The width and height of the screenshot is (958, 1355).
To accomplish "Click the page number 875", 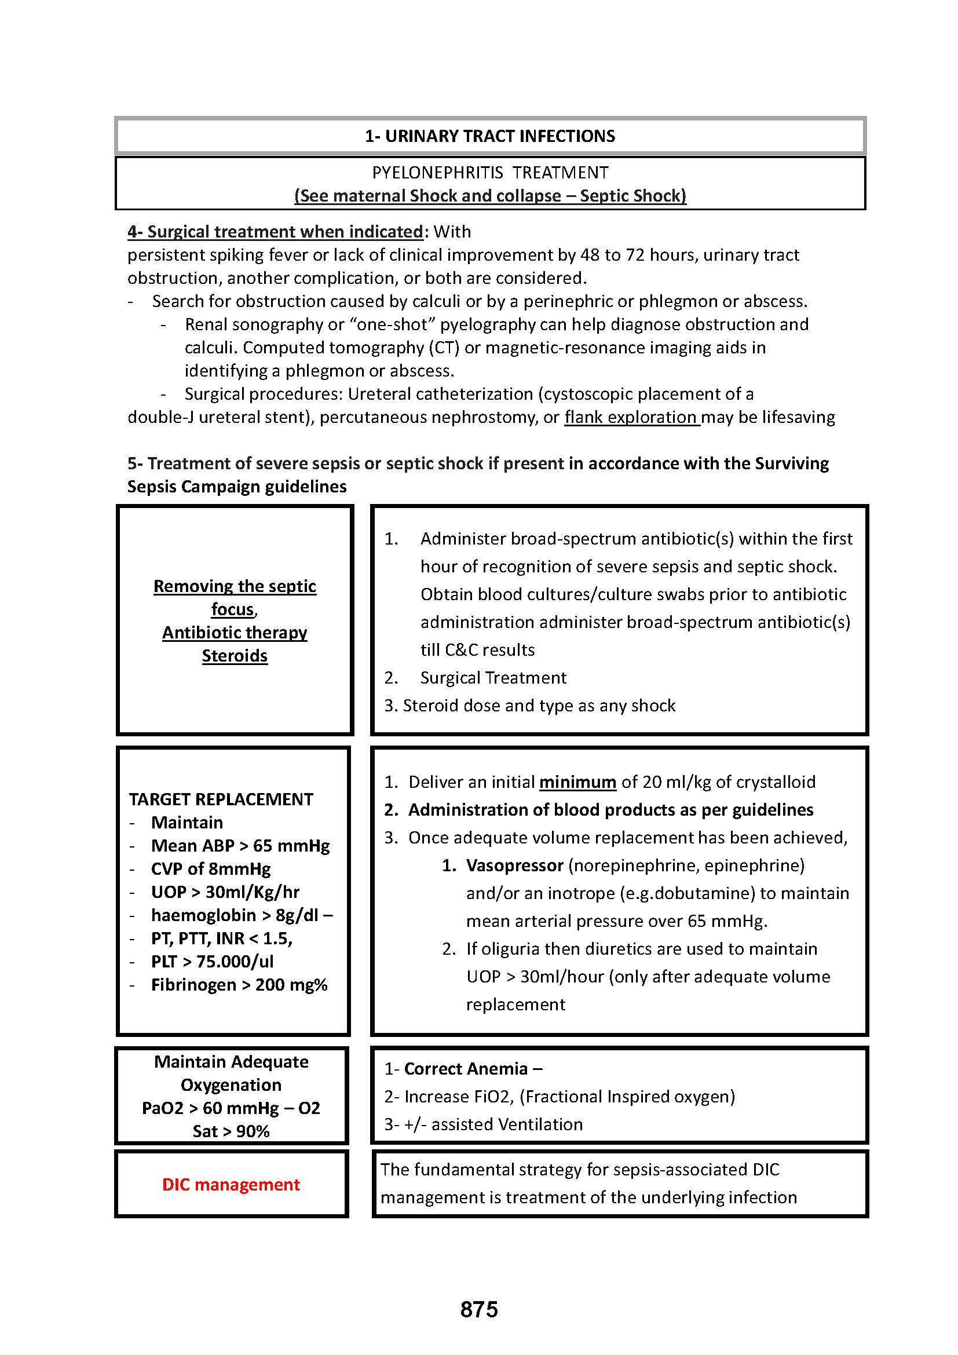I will [479, 1310].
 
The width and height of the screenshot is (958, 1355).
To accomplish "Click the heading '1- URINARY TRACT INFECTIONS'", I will [489, 136].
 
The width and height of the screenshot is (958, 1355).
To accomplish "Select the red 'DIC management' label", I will [231, 1185].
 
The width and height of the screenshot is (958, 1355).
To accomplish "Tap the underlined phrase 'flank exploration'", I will [631, 417].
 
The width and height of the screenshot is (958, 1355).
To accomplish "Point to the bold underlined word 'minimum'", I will [577, 782].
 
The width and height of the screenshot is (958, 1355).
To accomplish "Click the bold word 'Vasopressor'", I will [514, 865].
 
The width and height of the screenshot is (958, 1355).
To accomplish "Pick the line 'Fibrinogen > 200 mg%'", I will [239, 984].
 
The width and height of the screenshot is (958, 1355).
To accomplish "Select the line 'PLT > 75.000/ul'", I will [213, 962].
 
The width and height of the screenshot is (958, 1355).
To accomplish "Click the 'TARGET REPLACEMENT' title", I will [221, 799].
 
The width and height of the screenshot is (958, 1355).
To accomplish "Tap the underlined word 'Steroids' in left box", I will [235, 656].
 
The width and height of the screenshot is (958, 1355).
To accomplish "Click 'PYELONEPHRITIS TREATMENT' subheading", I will [489, 173].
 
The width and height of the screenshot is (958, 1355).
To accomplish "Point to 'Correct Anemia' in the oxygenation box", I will [466, 1069].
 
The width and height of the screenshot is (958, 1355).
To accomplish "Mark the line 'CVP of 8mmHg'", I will [211, 869].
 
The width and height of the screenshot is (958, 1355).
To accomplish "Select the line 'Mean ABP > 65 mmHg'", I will [240, 846].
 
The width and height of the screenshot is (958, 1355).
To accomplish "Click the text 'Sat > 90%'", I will [231, 1131].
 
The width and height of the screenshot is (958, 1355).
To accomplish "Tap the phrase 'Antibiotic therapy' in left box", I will [235, 633].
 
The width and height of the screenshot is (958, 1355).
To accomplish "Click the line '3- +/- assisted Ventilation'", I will [483, 1124].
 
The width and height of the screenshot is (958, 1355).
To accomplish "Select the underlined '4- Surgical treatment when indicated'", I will [276, 232].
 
